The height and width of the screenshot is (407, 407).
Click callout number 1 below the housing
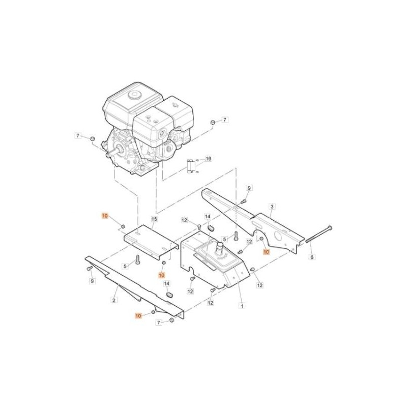click(x=242, y=306)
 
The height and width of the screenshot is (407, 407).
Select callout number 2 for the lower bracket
click(x=114, y=300)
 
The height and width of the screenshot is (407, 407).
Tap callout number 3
click(x=272, y=207)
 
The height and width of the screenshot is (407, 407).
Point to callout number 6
click(x=312, y=257)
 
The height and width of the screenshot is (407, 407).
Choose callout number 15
click(x=155, y=219)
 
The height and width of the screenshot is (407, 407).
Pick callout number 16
click(x=208, y=159)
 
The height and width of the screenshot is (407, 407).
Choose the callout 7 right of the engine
click(x=225, y=120)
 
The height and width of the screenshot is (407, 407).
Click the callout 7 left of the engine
click(x=78, y=136)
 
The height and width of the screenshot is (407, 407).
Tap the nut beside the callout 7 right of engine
click(x=213, y=123)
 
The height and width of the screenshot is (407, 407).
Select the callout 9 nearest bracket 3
click(x=249, y=188)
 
